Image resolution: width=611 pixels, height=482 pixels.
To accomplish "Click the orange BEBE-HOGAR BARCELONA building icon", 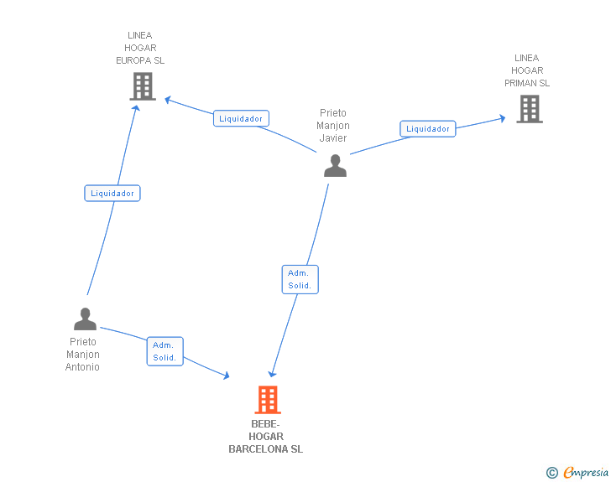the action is [268, 400].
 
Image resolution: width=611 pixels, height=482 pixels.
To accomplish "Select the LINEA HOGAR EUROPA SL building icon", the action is [143, 86].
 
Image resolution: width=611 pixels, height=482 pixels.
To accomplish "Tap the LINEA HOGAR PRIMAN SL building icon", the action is [530, 109].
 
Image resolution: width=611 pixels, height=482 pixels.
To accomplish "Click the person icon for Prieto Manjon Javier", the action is [335, 166].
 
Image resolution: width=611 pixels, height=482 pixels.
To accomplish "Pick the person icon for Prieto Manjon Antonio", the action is [85, 319].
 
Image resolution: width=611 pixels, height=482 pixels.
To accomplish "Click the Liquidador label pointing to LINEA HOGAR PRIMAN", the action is [428, 129].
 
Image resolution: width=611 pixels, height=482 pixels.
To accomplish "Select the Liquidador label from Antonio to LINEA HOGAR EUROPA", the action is [112, 193].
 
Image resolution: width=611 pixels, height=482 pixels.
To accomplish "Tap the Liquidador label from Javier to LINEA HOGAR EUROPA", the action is [241, 118].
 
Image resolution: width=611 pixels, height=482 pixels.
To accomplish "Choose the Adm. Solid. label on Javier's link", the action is [300, 279].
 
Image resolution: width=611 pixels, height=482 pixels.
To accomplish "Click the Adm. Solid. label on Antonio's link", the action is [164, 351].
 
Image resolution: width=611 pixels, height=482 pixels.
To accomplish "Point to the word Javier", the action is [333, 138].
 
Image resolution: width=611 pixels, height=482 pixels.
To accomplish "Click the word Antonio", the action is [82, 367].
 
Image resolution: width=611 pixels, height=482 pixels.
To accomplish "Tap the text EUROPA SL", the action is [140, 60].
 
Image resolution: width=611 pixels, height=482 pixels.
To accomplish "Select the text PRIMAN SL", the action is [527, 83].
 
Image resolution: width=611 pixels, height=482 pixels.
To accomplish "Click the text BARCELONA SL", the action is [266, 449].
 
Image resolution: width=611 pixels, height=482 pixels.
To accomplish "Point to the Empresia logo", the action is [586, 472].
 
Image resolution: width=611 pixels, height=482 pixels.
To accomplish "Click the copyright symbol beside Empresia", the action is [551, 473].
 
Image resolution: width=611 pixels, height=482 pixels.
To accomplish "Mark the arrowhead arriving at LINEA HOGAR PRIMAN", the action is [503, 118].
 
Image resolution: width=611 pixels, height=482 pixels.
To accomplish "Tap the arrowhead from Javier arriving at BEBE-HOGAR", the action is [272, 374].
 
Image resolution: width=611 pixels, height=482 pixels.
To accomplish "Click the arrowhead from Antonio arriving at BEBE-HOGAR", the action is [227, 376].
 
